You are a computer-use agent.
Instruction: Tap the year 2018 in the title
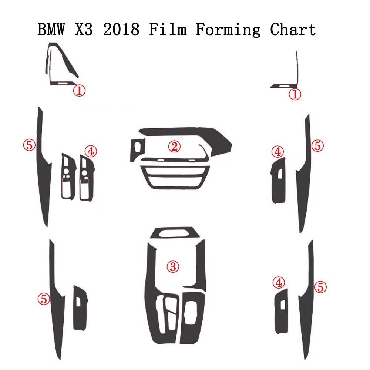(121, 30)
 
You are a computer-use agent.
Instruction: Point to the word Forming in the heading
(228, 30)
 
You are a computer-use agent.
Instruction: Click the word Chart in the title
(293, 30)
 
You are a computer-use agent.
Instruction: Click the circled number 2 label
(174, 147)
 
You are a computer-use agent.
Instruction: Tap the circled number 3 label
(173, 266)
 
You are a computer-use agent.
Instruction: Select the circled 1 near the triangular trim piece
(79, 90)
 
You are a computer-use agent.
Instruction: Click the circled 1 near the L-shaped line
(295, 94)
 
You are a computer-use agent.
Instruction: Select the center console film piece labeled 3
(152, 289)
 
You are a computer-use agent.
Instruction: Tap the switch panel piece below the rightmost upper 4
(279, 181)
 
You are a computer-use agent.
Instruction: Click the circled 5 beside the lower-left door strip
(44, 299)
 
